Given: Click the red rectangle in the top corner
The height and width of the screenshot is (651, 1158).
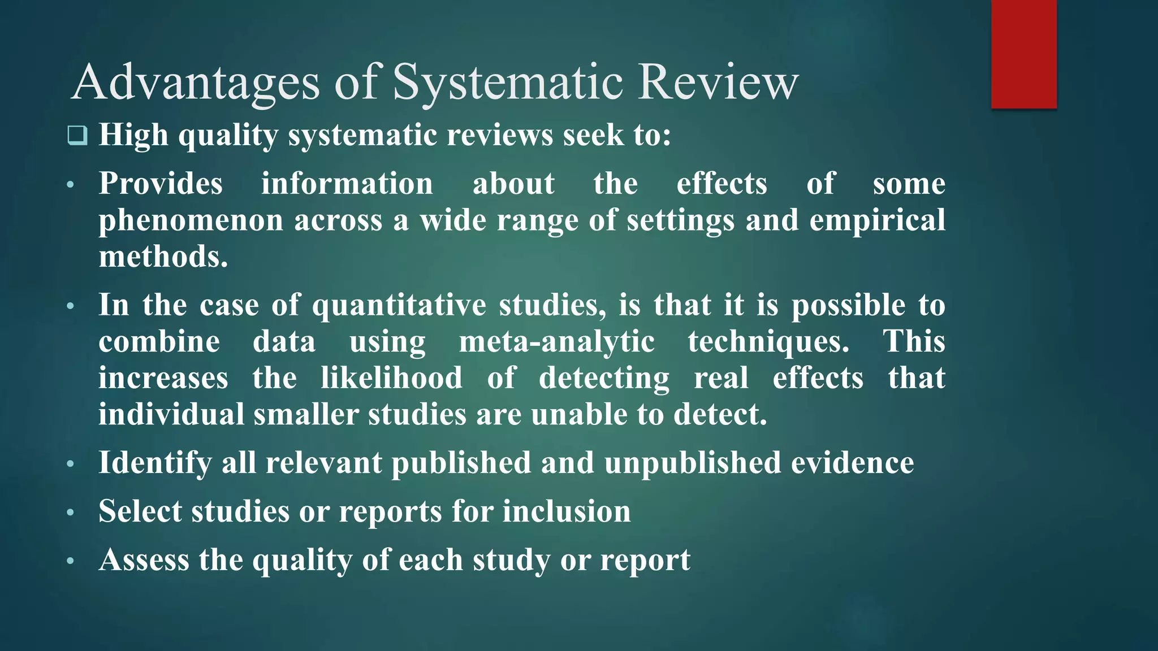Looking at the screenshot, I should tap(1023, 54).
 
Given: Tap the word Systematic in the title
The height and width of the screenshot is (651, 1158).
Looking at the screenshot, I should tap(508, 83).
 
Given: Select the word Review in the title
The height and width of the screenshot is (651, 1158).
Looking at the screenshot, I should tap(718, 83).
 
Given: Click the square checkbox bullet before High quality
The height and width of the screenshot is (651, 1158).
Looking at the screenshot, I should tap(77, 136).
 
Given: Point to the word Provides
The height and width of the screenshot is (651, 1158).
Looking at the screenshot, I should tap(161, 184).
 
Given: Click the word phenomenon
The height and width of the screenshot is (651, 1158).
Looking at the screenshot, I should tap(191, 220).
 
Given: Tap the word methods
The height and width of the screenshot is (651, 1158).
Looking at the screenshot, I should tap(163, 257).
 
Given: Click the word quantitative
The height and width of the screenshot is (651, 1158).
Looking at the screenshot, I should tap(399, 305).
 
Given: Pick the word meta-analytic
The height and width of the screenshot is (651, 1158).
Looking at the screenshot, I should tap(556, 342).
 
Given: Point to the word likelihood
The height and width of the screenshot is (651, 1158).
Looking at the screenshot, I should tap(391, 378).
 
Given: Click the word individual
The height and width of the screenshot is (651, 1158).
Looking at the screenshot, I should tap(171, 414).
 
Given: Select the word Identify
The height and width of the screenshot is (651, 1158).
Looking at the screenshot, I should tap(154, 463).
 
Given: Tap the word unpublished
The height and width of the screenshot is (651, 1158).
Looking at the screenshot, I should tap(692, 463).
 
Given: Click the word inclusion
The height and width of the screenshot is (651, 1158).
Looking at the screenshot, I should tap(566, 511).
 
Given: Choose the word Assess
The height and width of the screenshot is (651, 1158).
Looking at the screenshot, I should tap(144, 560).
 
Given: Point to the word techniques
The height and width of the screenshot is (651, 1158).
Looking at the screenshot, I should tap(768, 342).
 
